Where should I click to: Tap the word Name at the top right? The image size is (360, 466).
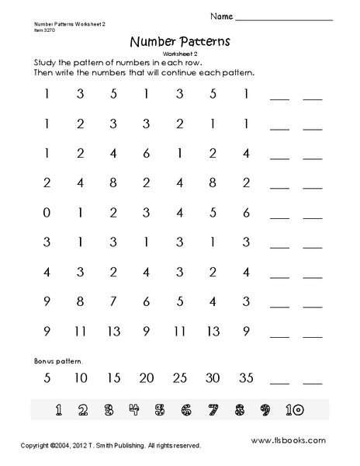click(x=219, y=16)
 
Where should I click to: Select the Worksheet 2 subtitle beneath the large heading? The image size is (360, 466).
click(x=180, y=53)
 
